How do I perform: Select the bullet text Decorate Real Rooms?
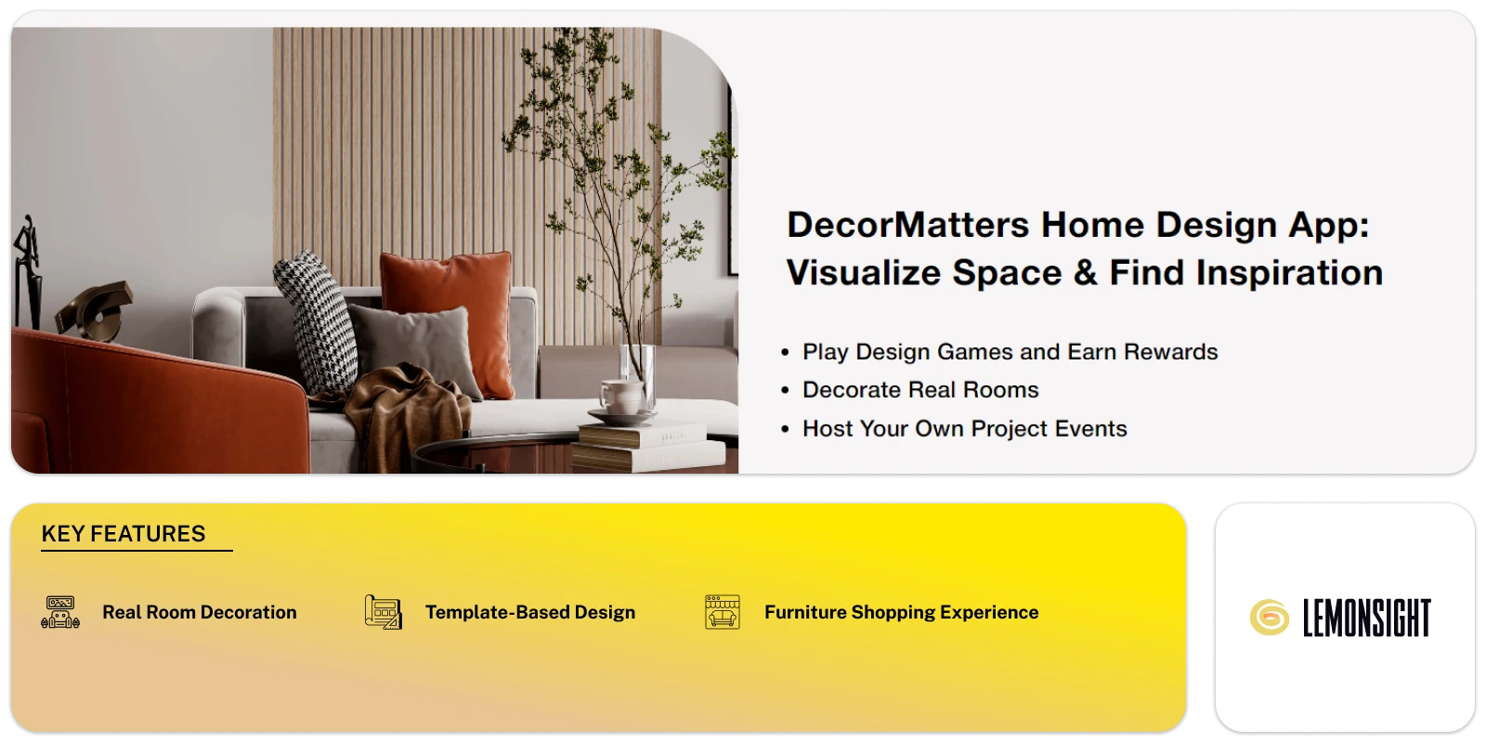tap(919, 390)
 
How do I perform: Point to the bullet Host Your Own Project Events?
tap(964, 429)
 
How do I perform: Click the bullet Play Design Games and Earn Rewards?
tap(1010, 352)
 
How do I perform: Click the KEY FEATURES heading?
tap(124, 534)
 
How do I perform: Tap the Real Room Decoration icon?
tap(61, 612)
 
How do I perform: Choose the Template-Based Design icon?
tap(383, 612)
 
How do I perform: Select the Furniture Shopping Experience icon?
tap(723, 612)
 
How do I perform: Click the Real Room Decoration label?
tap(200, 613)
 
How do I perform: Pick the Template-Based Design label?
tap(530, 613)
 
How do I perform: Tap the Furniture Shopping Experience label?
tap(901, 613)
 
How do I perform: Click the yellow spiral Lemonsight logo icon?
tap(1269, 618)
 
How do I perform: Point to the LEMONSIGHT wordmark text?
tap(1366, 619)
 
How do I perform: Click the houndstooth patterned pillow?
tap(316, 316)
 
